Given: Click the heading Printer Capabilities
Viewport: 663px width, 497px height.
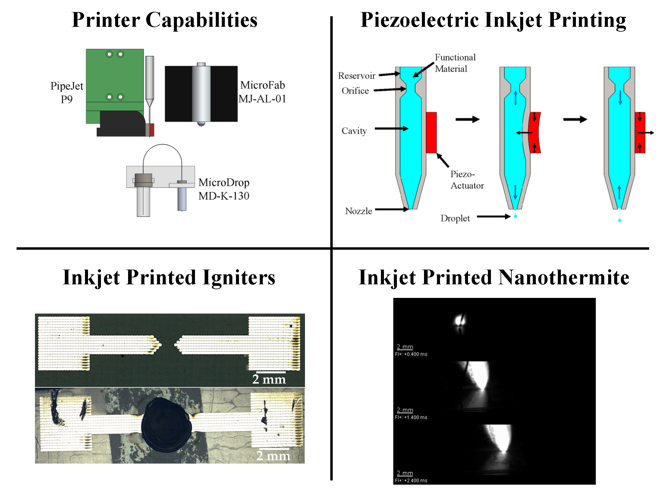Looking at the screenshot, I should coord(165,20).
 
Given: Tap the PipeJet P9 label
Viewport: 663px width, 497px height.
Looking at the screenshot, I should coord(67,92).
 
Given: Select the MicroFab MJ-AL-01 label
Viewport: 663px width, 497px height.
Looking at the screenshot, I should coord(262,92).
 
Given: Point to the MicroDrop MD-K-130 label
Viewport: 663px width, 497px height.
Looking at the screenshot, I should coord(224,189).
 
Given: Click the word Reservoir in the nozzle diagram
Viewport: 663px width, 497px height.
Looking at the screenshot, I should coord(357,76).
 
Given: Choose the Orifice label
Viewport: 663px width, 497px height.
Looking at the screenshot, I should coord(355,91).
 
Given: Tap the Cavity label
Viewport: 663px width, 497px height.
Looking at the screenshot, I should coord(354,131).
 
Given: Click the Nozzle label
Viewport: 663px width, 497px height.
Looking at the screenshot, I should coord(359,211).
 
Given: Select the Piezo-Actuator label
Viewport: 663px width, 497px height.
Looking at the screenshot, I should coord(467,180).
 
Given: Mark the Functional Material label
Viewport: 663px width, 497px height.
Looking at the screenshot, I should coord(455,63).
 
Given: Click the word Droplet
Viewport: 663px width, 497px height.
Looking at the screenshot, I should coord(455,218).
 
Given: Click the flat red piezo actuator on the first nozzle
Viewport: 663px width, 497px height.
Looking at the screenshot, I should coord(431,133).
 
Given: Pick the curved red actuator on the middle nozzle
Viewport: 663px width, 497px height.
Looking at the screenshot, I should coord(535,133).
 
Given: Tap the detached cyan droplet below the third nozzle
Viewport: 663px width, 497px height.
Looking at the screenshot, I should coord(620,220).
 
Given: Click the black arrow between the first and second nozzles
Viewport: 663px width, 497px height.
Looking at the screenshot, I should coord(467,120).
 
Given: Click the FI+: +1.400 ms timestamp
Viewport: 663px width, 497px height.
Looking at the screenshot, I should coord(411,417).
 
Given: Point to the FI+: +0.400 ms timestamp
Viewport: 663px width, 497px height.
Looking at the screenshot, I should coord(411,354).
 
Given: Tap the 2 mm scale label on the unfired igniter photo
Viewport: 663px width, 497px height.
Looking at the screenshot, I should coord(269,379).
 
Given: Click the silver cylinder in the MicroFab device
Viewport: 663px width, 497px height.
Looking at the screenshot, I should coord(201,93).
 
